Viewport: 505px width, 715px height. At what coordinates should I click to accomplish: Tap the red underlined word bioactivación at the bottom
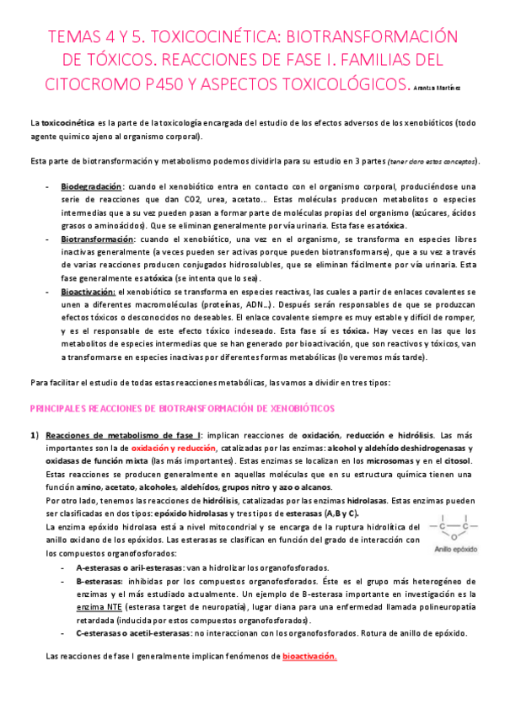click(309, 656)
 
